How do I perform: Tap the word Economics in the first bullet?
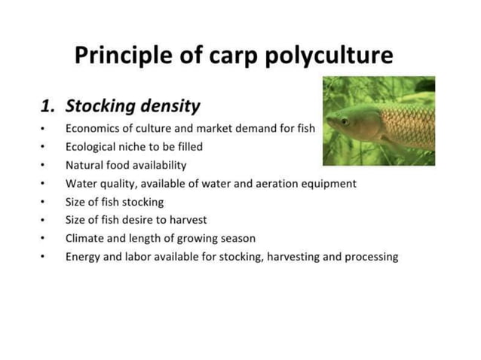94,129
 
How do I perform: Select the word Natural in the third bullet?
84,165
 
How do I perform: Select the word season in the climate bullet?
237,238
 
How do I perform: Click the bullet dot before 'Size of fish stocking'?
44,203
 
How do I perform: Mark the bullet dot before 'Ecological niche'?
44,148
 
